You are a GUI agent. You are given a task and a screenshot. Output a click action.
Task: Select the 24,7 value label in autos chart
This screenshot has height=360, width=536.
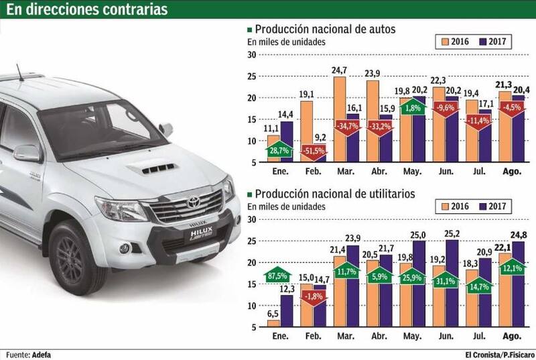tap(339, 70)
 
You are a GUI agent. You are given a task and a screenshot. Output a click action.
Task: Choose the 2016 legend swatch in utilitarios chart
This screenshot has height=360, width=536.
tap(440, 204)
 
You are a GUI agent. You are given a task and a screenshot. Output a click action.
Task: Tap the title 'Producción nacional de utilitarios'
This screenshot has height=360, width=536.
tap(336, 193)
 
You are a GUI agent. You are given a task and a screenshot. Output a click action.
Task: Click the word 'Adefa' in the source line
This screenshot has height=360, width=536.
tap(41, 354)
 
